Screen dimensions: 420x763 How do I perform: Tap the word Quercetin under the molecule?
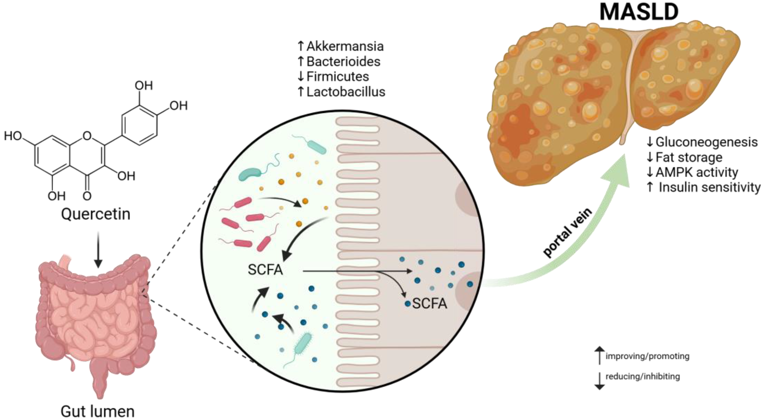(x=96, y=214)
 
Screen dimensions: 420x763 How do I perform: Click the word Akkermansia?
(x=345, y=46)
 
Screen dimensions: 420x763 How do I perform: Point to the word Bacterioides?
(x=343, y=62)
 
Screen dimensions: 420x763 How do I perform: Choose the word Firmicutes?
(x=338, y=77)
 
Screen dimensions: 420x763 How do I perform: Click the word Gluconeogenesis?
(x=706, y=142)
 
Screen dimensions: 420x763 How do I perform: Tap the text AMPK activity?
(x=697, y=172)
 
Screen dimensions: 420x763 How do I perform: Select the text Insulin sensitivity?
(x=709, y=187)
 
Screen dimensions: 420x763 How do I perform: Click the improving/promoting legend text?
(x=647, y=356)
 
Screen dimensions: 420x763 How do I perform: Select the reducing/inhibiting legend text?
(x=642, y=376)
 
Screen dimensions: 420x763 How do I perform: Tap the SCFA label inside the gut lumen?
(x=265, y=270)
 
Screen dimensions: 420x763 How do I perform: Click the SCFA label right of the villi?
(x=429, y=303)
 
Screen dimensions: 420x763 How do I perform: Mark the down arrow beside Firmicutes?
(x=301, y=77)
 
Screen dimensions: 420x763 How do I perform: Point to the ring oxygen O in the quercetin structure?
(x=87, y=136)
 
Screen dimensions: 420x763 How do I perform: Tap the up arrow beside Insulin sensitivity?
(x=650, y=187)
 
